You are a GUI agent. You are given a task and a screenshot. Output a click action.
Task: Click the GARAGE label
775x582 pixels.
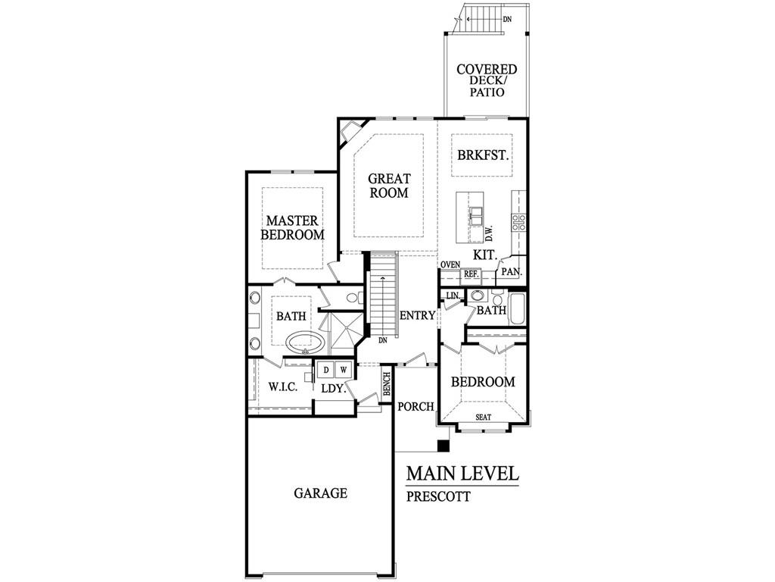point(320,493)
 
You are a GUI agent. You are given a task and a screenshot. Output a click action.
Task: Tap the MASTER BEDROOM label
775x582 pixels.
point(292,227)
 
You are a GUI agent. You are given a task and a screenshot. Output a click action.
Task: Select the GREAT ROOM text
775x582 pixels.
point(389,186)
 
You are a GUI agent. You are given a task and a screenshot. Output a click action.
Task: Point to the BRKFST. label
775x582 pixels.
point(482,155)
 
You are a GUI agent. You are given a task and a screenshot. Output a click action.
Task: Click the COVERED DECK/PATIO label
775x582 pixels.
point(487,80)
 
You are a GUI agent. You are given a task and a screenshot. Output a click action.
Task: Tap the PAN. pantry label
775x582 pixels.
point(512,272)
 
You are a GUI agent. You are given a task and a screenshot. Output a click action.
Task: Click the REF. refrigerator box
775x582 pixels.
point(471,274)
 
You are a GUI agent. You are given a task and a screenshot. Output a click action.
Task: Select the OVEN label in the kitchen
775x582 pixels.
point(450,264)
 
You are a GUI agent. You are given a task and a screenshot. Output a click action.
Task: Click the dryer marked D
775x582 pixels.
point(325,369)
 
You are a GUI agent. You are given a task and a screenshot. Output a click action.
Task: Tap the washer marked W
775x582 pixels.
point(344,369)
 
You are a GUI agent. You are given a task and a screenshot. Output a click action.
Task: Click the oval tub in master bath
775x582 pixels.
point(306,342)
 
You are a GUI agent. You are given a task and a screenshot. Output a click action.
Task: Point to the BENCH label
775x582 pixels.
point(387,384)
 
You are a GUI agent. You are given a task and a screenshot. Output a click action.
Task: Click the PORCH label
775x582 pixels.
point(416,406)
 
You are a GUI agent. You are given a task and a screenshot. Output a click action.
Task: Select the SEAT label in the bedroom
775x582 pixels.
point(483,418)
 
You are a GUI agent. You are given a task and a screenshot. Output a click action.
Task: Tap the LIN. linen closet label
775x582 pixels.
point(453,296)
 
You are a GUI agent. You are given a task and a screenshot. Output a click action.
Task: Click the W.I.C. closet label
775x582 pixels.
point(283,387)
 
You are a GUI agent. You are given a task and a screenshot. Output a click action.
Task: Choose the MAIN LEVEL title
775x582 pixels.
point(462,474)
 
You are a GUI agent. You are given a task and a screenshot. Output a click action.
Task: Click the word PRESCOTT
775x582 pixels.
point(438,496)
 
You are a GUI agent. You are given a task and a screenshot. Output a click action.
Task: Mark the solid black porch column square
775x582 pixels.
point(444,446)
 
